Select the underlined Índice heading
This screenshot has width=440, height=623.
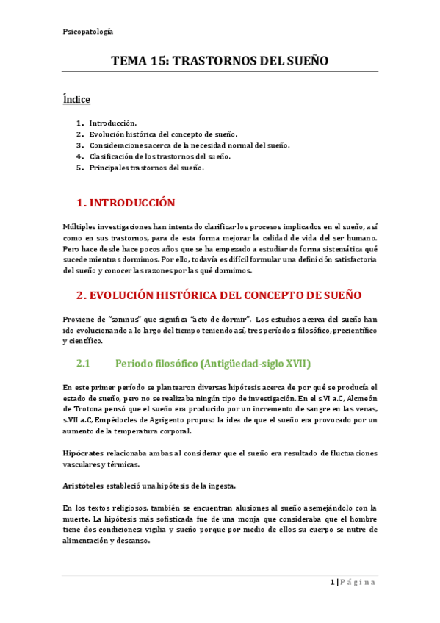[x=76, y=98]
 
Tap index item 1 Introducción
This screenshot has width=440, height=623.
[x=112, y=123]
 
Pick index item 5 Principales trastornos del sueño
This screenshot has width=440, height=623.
[x=146, y=168]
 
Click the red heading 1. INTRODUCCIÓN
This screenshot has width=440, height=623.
[x=126, y=203]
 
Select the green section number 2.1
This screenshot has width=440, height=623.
[x=82, y=363]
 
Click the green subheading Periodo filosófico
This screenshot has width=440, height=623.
[x=213, y=363]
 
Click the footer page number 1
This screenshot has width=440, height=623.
[x=332, y=583]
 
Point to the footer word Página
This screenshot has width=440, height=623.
[x=358, y=583]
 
